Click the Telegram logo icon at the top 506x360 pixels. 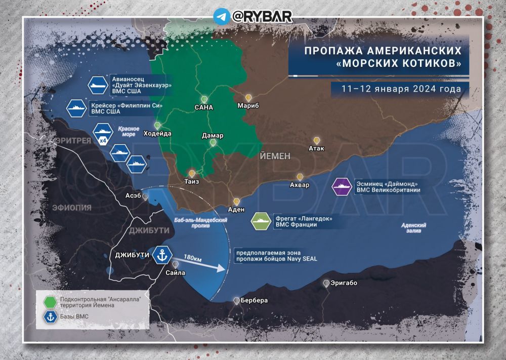pos(221,16)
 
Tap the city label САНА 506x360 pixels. pos(204,107)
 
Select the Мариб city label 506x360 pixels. pos(248,106)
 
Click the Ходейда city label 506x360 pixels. pos(157,134)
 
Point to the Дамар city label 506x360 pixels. pos(213,136)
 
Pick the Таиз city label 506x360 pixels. pos(192,182)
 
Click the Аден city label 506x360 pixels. pos(236,210)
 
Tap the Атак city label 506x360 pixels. pos(317,148)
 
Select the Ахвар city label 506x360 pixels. pos(300,185)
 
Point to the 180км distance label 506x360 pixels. pos(193,258)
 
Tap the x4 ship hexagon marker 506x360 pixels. pos(102,136)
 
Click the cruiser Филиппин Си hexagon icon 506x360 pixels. pos(77,108)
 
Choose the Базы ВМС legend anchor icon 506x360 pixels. pos(50,317)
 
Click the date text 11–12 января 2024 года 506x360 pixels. pos(400,88)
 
